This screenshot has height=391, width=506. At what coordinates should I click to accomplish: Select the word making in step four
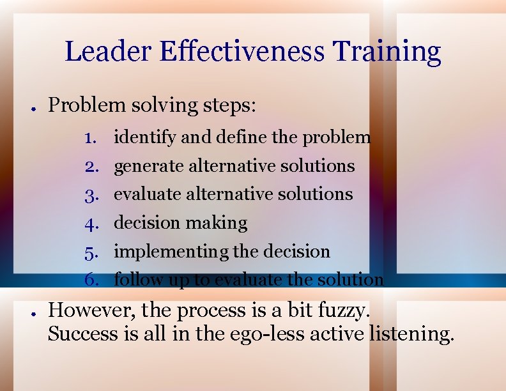coord(216,223)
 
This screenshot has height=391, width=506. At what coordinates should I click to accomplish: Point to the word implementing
coord(171,252)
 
